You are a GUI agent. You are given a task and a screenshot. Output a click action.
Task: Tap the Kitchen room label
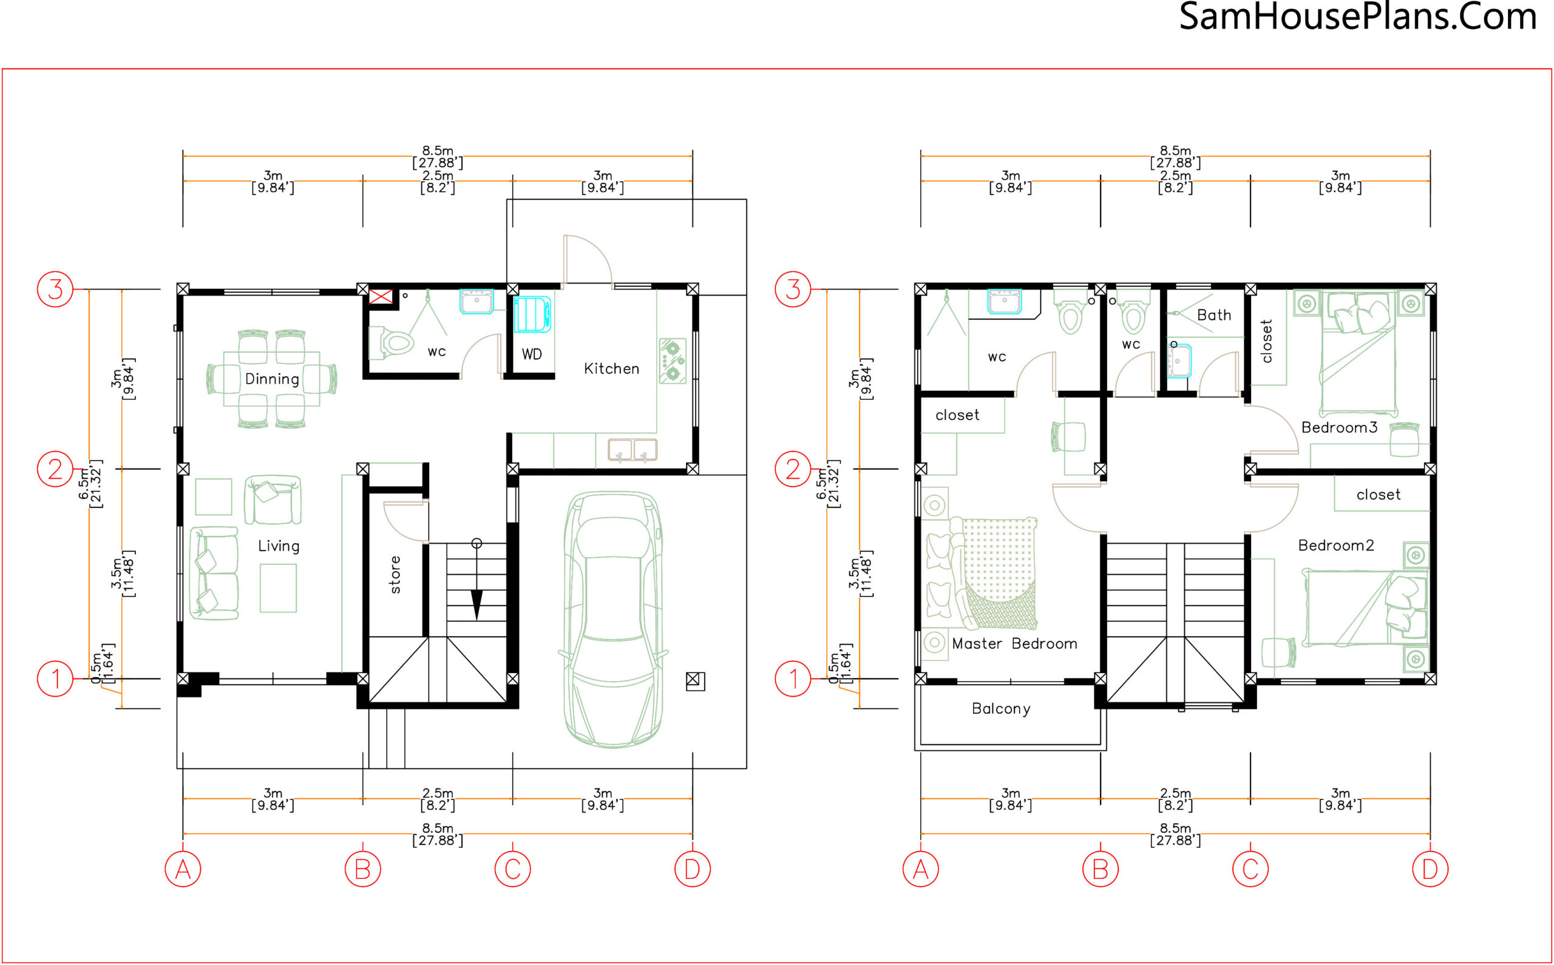point(611,369)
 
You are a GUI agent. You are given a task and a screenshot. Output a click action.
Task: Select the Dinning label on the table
point(272,379)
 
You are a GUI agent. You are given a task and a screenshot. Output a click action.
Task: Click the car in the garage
point(612,618)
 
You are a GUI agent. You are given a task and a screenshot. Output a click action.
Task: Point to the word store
point(396,574)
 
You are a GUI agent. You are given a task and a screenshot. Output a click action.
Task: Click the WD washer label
point(532,354)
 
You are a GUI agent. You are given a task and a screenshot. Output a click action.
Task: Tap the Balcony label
point(1000,709)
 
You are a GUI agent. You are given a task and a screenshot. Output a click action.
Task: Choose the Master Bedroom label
point(1014,643)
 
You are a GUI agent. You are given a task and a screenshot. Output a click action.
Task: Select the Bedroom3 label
point(1339,428)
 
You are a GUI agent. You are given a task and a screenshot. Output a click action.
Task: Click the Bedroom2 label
point(1335,546)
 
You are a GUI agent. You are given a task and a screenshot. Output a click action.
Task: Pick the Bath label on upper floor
point(1214,315)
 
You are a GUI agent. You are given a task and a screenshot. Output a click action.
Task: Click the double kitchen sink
point(632,450)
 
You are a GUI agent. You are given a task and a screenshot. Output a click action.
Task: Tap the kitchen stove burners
point(673,361)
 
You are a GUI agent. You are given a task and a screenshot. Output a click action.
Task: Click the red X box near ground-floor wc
point(381,296)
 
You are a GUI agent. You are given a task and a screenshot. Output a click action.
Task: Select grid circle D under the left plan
point(693,869)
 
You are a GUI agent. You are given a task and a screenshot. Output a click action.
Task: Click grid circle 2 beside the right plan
point(793,469)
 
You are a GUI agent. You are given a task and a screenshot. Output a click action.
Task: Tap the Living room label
point(278,546)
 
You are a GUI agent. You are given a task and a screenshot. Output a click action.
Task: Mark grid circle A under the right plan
point(920,869)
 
